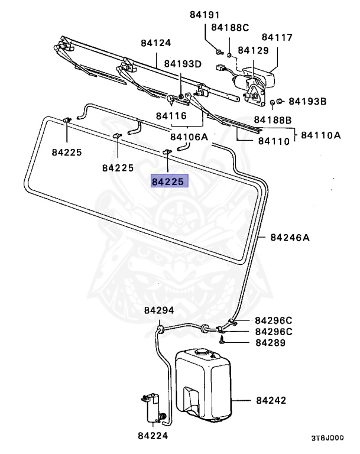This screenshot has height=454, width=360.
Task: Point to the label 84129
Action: (x=252, y=51)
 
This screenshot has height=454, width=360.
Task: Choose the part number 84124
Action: (x=155, y=43)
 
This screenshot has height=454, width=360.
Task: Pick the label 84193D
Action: (x=183, y=63)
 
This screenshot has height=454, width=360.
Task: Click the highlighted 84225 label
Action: (x=168, y=182)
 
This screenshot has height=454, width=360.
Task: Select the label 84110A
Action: (x=321, y=135)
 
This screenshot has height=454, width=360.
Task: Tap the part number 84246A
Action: (x=290, y=238)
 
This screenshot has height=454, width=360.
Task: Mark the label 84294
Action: (x=159, y=310)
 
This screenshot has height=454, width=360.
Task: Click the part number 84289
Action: (x=271, y=342)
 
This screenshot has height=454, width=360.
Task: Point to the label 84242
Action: (x=271, y=400)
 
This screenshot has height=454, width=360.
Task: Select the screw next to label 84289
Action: (x=222, y=341)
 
